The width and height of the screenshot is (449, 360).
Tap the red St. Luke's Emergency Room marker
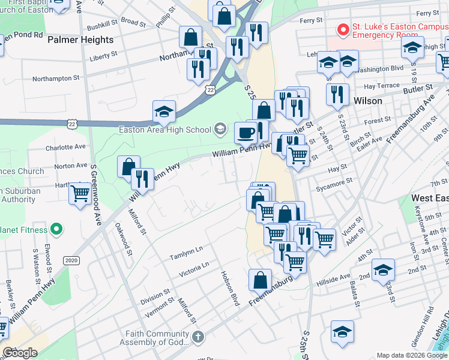tap(343, 29)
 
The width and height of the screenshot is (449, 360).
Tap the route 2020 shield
tap(71, 260)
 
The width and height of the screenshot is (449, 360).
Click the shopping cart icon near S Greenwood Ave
tap(80, 193)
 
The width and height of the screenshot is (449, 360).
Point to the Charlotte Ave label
tap(65, 146)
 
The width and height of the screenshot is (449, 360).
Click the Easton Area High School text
tap(165, 130)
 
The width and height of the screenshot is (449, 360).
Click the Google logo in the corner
tap(20, 353)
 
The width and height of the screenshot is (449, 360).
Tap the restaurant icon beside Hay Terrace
tap(337, 94)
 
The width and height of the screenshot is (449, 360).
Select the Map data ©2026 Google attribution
tap(412, 355)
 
